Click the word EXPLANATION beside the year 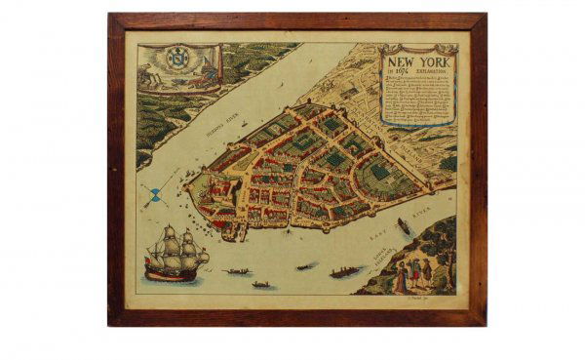(434, 70)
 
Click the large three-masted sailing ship (176, 256)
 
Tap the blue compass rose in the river (152, 196)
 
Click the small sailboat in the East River (403, 226)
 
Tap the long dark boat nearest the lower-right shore (346, 272)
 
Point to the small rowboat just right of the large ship (236, 271)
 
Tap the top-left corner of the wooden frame (110, 16)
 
